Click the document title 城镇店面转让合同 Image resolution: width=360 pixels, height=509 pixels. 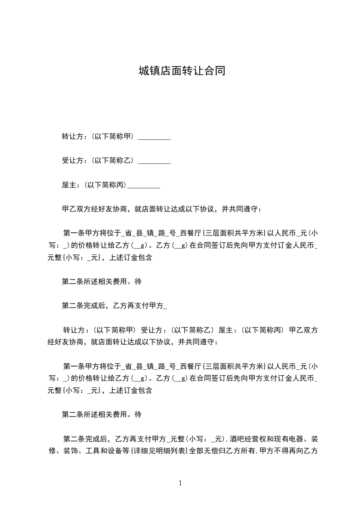point(182,71)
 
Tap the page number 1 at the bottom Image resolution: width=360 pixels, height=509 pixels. point(180,483)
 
